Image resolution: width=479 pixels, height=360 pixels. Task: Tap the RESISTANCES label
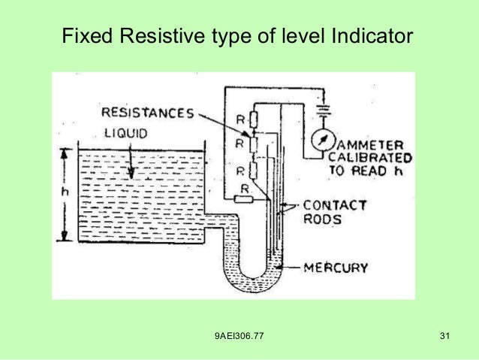[146, 114]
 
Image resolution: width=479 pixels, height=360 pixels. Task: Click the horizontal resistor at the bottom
[242, 199]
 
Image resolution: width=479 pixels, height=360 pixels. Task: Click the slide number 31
[444, 334]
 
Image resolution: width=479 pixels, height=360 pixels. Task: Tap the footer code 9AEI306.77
[239, 334]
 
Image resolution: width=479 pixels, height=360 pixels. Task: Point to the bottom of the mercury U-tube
[252, 286]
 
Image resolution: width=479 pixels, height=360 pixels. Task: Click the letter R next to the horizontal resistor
[244, 186]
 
